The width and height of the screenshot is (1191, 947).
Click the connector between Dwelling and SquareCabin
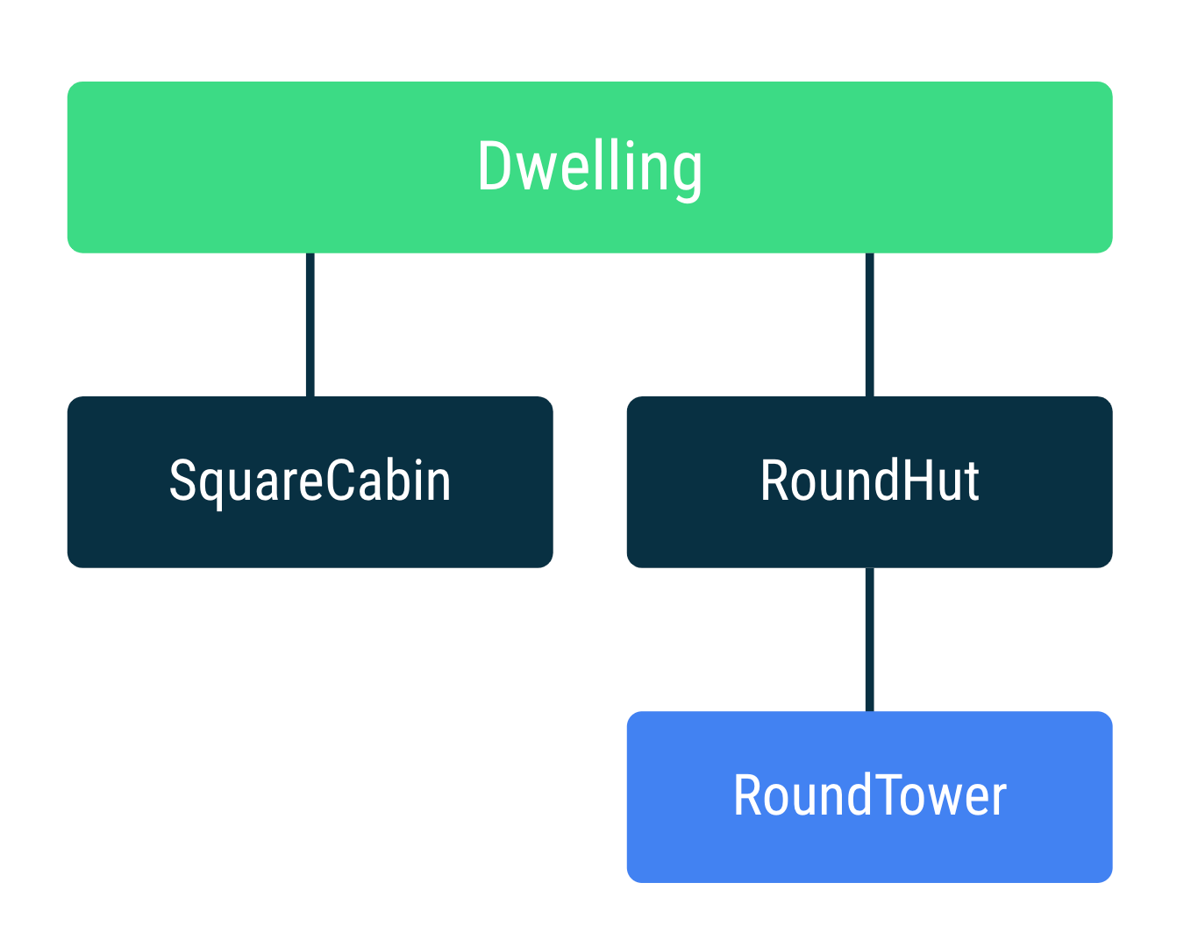[x=310, y=324]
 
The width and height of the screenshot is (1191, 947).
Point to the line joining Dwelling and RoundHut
[x=869, y=324]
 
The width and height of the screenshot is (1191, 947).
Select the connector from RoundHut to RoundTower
[x=869, y=639]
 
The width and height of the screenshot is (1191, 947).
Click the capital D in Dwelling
[x=494, y=167]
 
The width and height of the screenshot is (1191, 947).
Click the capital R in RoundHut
[x=774, y=481]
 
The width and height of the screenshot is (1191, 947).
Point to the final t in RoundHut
[x=970, y=482]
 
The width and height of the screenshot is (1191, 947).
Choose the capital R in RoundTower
[x=747, y=795]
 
